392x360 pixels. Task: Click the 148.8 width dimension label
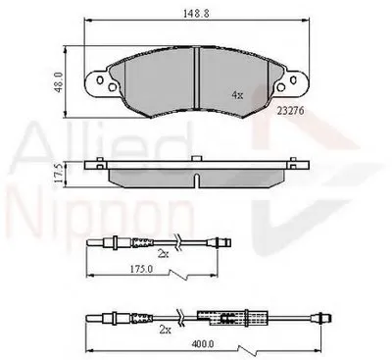[x=196, y=14]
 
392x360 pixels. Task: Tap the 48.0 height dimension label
[x=59, y=82]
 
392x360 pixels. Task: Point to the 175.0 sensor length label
[x=141, y=269]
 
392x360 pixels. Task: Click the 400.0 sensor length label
[x=203, y=344]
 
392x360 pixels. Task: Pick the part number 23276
[x=291, y=111]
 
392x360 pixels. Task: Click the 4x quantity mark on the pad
[x=237, y=95]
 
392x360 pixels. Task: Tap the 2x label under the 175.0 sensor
[x=164, y=254]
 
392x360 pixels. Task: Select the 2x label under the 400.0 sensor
[x=166, y=330]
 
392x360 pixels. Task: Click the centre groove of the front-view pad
[x=197, y=78]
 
